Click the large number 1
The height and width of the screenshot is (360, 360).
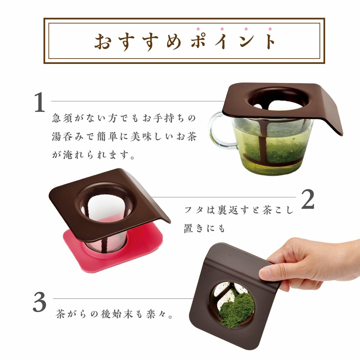(40, 102)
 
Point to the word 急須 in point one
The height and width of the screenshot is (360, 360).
(62, 118)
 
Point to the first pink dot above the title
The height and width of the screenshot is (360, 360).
(198, 29)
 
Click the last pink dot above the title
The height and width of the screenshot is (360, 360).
(270, 29)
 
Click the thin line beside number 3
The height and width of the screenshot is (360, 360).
(123, 299)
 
